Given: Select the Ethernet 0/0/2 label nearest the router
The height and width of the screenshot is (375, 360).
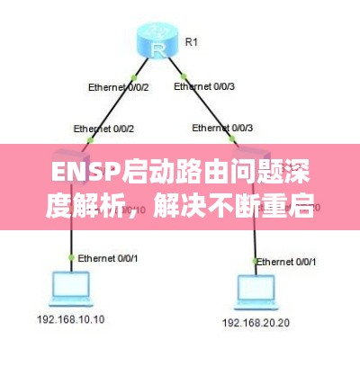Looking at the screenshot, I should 117,87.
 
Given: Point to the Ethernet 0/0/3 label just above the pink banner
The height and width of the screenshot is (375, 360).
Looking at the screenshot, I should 220,128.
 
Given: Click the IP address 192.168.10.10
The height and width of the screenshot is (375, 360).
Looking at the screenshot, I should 70,319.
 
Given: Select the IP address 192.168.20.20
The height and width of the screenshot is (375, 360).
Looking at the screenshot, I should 255,321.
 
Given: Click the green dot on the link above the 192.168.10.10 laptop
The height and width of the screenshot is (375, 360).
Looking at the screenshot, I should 72,257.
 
